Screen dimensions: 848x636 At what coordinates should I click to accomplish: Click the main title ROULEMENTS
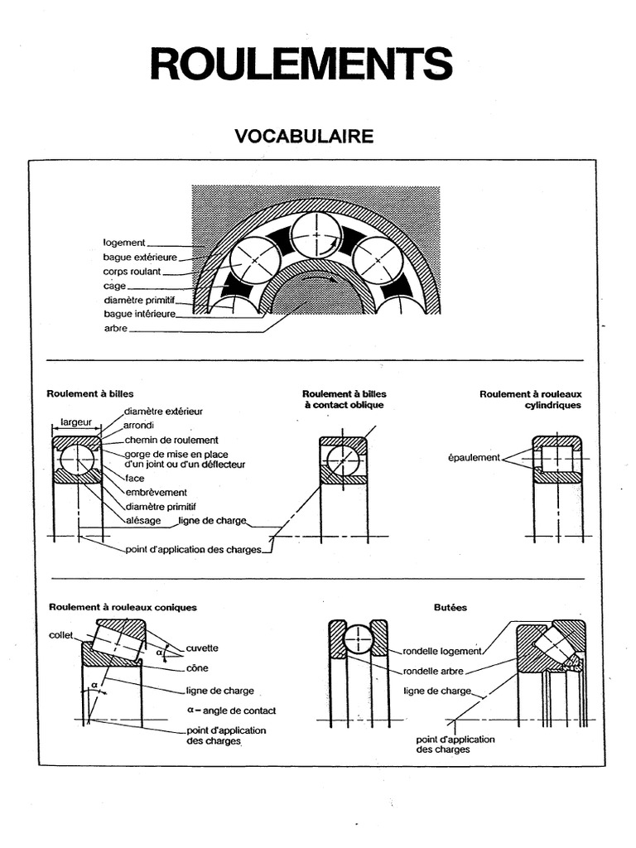coord(301,64)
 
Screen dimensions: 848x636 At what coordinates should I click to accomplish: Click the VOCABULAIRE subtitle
coord(304,137)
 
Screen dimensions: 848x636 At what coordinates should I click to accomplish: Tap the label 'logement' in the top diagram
coord(124,243)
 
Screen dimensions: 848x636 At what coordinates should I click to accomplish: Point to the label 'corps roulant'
coord(132,271)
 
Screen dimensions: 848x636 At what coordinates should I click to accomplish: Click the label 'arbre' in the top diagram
coord(116,329)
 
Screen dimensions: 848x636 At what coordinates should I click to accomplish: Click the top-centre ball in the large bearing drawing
coord(317,234)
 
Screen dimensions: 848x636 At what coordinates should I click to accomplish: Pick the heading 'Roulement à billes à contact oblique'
coord(344,399)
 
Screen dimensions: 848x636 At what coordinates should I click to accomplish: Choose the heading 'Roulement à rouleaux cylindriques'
coord(530,399)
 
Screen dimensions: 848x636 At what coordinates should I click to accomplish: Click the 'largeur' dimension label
coord(76,422)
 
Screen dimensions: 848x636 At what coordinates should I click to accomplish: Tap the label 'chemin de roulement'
coord(171,440)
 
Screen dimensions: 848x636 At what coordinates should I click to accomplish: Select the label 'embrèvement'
coord(156,492)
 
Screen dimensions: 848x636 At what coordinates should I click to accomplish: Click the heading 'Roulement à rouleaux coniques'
coord(123,607)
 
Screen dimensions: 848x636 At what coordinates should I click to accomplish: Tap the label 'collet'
coord(60,635)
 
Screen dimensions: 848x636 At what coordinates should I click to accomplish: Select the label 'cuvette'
coord(203,648)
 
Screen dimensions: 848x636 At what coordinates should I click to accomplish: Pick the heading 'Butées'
coord(450,607)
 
